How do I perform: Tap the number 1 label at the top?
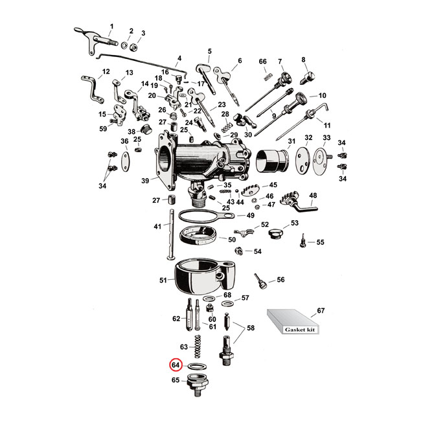point(111,27)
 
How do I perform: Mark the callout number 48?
point(313,195)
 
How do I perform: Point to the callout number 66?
point(263,62)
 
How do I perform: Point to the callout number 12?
point(106,72)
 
